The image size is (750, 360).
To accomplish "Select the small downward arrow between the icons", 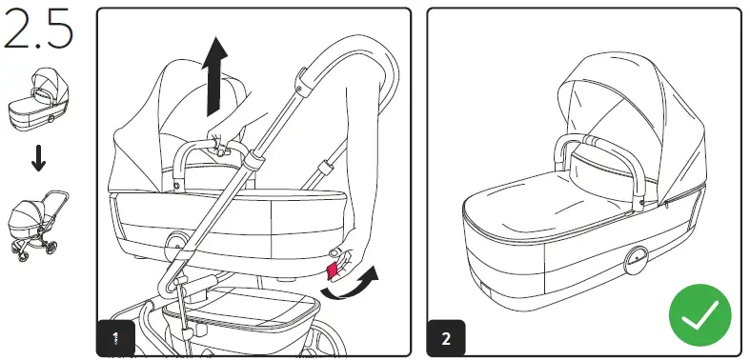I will click(38, 159).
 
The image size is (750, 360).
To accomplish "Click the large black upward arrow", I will click(217, 76).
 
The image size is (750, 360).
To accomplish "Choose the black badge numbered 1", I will click(115, 337).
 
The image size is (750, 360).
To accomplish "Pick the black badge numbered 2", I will click(446, 337).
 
